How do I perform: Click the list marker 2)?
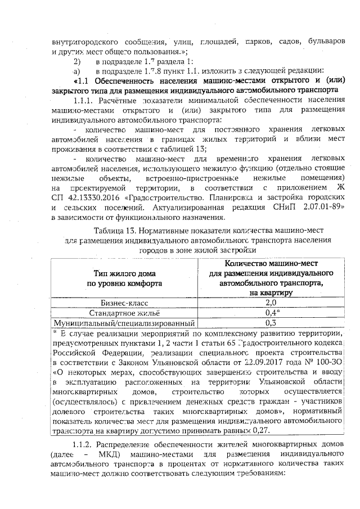pyautogui.click(x=78, y=60)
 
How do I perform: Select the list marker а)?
pyautogui.click(x=78, y=70)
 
